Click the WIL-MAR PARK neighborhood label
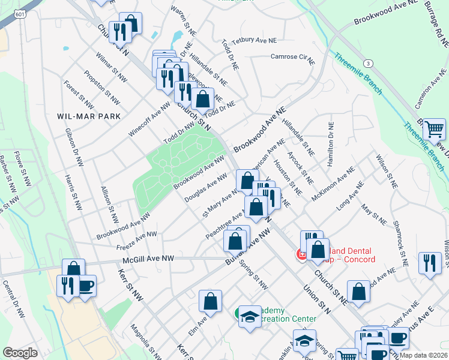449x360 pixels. (89, 116)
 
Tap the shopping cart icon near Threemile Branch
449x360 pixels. (434, 128)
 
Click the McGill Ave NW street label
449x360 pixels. (148, 259)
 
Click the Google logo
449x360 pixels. (20, 353)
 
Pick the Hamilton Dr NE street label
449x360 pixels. (330, 145)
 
